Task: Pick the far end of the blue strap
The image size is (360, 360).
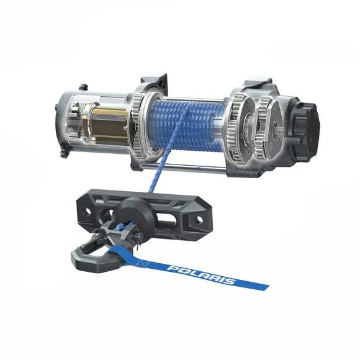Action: click(x=261, y=286)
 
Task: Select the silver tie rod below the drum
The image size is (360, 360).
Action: click(x=180, y=166)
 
